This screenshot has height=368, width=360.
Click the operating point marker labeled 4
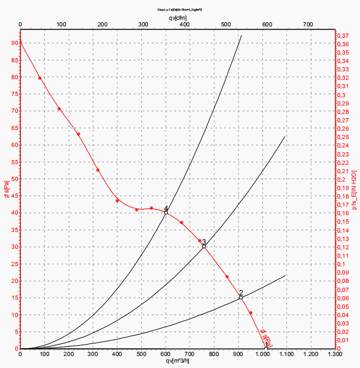(166, 212)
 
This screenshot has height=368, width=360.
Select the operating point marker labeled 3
(204, 246)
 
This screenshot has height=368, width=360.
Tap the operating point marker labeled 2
(241, 297)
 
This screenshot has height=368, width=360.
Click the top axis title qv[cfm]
(177, 17)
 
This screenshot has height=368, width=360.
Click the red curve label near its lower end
(267, 339)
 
